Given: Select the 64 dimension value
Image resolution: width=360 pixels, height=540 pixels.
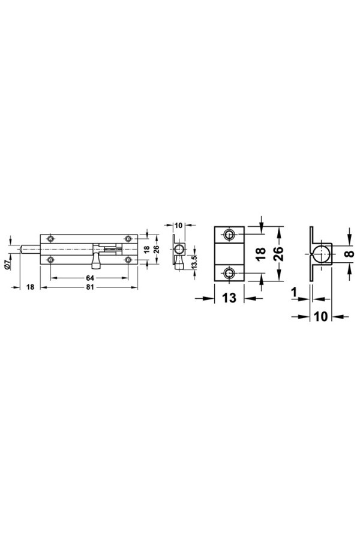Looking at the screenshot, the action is (90, 278).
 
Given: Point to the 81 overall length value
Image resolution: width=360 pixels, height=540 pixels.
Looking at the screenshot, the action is (90, 287).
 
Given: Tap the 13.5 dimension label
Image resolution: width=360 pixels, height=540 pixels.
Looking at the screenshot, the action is (194, 263).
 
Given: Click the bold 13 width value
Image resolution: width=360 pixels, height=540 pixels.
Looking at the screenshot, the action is (229, 298).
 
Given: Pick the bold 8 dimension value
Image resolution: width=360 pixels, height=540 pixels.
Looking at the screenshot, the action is (349, 254).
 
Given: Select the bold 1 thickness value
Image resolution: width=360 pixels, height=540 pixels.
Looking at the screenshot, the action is (294, 292).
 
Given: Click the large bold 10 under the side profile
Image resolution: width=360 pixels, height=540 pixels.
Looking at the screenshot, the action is (321, 316).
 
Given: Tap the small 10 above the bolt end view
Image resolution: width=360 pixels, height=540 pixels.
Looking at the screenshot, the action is (178, 226).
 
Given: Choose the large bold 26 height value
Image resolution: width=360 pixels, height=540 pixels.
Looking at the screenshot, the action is (278, 254).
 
